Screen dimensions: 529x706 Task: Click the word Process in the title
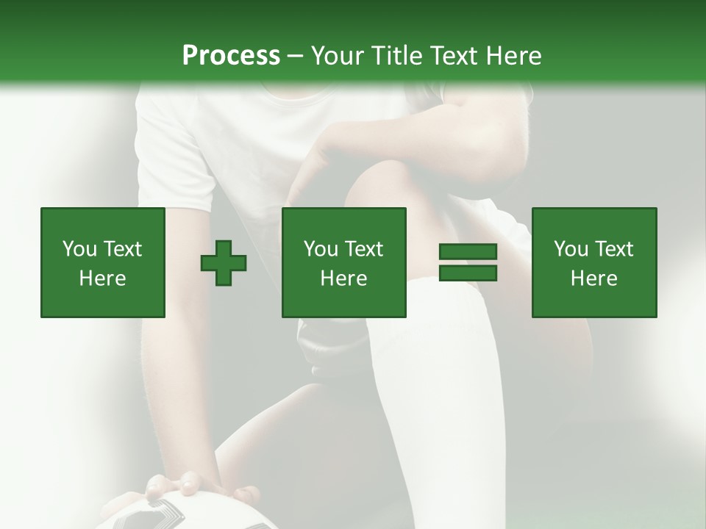click(231, 56)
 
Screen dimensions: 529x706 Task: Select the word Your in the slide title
click(338, 56)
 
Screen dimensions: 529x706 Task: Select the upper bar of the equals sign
click(468, 253)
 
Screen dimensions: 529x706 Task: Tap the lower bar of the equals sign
click(468, 273)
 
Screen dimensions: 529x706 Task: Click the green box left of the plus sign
click(103, 262)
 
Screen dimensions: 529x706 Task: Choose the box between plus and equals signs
click(344, 262)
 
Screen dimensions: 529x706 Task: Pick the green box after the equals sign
click(594, 262)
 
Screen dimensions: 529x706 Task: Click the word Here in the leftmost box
click(102, 278)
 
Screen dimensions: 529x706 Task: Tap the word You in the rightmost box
click(571, 249)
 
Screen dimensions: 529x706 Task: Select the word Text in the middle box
click(364, 249)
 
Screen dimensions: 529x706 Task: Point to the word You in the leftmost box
click(79, 249)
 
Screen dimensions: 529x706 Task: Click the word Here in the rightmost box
click(593, 278)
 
